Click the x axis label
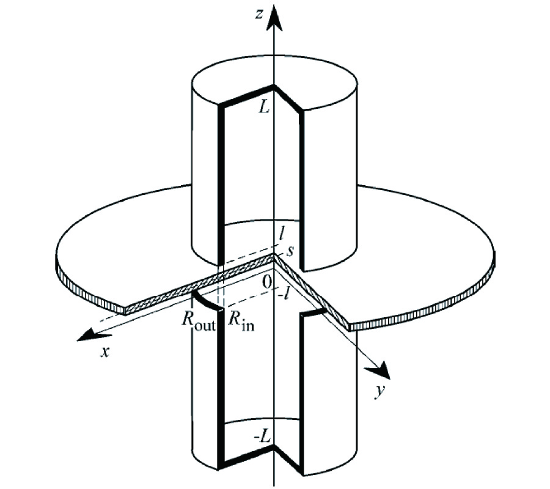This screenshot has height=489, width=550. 105,351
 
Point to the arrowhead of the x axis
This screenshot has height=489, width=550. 87,334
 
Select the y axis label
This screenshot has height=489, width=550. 379,391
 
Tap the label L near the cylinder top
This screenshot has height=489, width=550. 264,108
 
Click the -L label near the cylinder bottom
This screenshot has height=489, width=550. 262,436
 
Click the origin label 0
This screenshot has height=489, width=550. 267,282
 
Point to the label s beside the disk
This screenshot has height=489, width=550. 290,251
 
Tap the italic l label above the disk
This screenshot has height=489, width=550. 281,234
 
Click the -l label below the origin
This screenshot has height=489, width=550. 284,294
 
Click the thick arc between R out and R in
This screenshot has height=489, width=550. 207,303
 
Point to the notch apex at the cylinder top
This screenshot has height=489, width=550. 274,86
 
